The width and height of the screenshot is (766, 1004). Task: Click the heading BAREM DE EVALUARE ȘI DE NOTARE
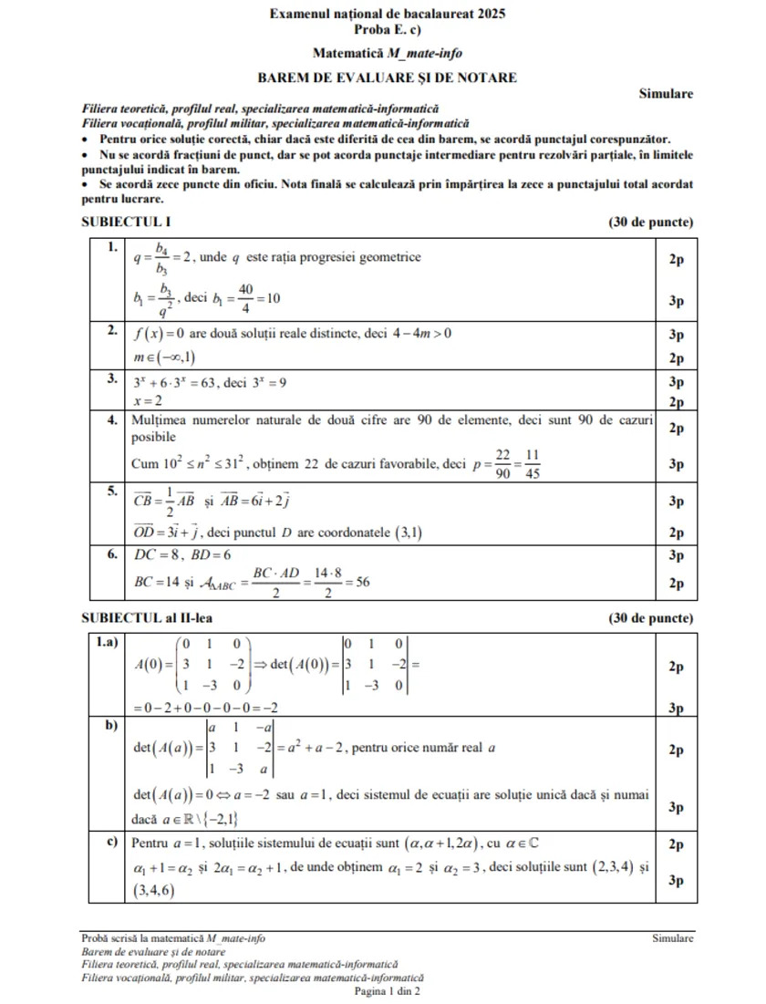(x=388, y=78)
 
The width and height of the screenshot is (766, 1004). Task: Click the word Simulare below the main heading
(x=666, y=93)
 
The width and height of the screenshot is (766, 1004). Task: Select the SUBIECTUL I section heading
(x=126, y=222)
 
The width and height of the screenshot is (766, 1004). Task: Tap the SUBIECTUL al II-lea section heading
(x=146, y=618)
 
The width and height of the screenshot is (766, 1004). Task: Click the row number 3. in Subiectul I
(x=111, y=378)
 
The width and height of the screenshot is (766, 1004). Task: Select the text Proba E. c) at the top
(x=388, y=30)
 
